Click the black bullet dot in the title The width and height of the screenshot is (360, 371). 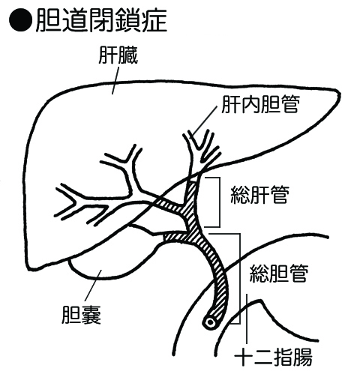pos(21,20)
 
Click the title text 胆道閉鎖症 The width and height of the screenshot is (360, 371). pos(101,20)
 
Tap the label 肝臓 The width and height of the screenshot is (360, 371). pos(118,55)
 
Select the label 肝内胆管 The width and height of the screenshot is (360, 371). pos(261,105)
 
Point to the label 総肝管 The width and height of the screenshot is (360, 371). pos(260,195)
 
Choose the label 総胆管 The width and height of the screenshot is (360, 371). pos(278,273)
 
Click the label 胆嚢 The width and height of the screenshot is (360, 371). pos(81,315)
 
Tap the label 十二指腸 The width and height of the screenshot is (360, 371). pos(273,358)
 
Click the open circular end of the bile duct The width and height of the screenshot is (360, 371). pos(211,322)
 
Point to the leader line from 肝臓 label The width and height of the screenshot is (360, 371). pos(115,81)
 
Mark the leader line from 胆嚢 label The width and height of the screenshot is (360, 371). pos(93,286)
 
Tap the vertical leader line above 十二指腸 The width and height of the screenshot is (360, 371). pos(247,319)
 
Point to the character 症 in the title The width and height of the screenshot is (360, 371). pos(154,20)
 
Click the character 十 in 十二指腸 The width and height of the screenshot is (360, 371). pos(244,358)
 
